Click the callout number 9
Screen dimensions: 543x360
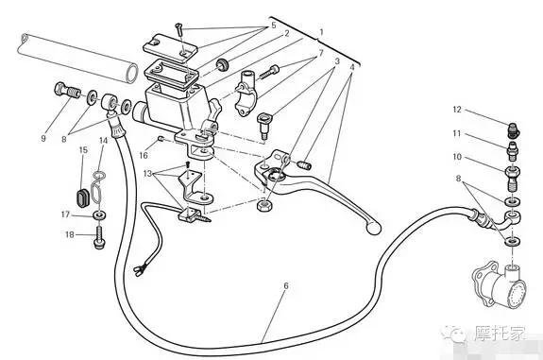43,138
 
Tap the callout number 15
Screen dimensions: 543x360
83,150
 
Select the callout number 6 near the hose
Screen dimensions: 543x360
286,286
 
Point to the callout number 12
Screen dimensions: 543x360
457,110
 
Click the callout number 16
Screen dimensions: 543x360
144,155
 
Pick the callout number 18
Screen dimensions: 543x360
70,234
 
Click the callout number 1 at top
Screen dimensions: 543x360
321,32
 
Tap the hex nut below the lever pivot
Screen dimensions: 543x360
264,205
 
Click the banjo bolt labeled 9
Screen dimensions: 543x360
67,90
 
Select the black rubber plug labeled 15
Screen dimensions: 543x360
83,197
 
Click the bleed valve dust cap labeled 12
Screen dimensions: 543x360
514,129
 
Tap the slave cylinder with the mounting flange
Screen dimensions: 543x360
499,283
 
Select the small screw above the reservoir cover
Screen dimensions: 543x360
178,28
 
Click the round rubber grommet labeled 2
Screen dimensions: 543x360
222,64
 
